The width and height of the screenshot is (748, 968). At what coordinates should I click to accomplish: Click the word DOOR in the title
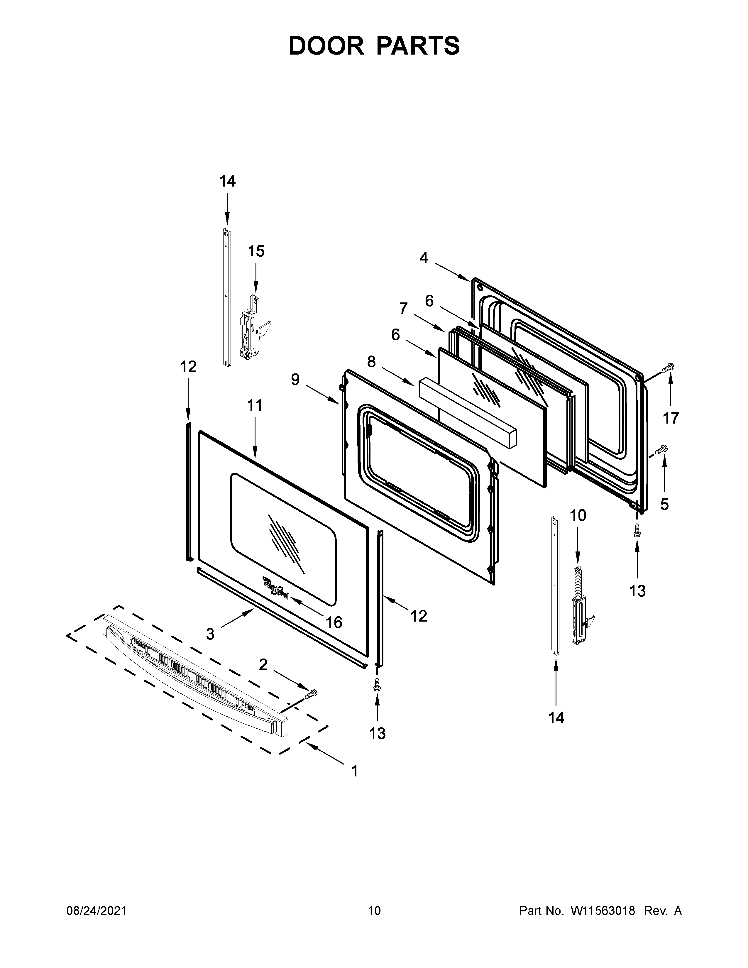326,46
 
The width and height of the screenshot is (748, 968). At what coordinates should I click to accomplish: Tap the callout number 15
256,251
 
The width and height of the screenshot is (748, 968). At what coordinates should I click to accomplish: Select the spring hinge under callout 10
580,610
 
